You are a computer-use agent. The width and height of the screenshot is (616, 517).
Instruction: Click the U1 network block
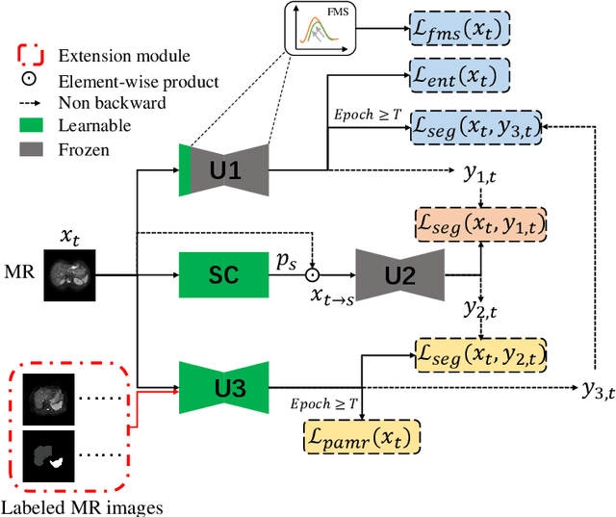click(223, 171)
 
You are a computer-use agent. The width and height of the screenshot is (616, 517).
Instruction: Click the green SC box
click(223, 277)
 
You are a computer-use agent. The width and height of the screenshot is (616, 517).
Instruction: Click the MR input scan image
click(69, 275)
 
